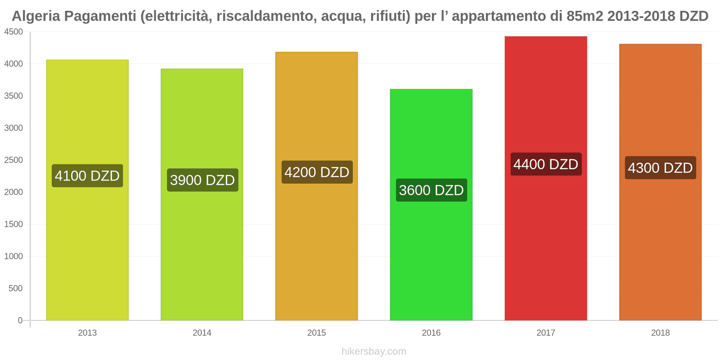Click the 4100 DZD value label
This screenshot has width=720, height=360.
pos(87,175)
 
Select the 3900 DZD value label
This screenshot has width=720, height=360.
pos(202,180)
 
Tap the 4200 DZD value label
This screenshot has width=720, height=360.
pos(317,172)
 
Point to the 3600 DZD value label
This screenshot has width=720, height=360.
pos(431,190)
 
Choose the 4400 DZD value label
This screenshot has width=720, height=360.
pos(546,164)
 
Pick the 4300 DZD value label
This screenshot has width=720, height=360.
pos(660,168)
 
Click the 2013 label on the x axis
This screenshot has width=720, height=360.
pos(87,333)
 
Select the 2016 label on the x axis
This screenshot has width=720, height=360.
pos(431,333)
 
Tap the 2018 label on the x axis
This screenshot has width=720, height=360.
pos(660,333)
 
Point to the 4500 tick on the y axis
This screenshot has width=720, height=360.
pos(13,32)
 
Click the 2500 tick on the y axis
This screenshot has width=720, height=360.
pos(13,160)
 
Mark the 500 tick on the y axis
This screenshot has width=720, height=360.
pos(16,288)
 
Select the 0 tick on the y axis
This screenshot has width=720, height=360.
pos(20,320)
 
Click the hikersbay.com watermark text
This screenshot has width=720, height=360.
pos(373,351)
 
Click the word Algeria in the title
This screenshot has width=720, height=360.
pos(36,16)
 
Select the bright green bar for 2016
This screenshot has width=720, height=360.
pos(431,252)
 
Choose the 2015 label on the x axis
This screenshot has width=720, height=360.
pos(317,333)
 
